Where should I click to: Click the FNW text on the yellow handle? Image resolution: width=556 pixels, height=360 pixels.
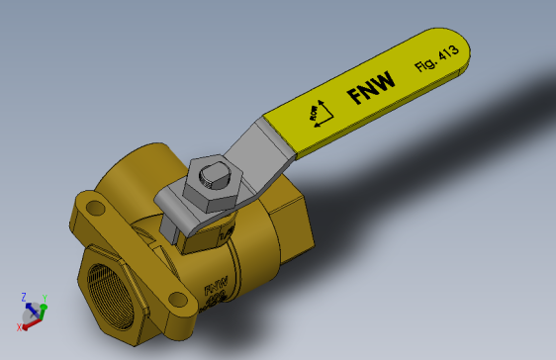371,88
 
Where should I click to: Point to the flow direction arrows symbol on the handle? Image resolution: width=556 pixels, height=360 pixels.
322,112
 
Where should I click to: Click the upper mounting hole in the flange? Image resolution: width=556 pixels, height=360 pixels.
96,209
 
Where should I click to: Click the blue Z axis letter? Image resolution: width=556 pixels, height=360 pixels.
23,296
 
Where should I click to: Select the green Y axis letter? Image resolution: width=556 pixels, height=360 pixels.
46,298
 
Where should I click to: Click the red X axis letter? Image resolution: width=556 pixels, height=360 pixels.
20,326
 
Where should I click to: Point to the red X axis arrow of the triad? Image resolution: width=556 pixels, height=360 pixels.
29,320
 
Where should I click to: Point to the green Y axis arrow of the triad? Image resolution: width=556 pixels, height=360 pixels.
41,308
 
